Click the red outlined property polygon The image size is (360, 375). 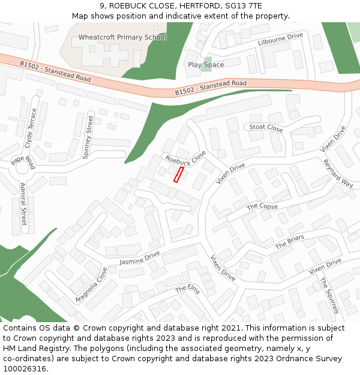click(x=178, y=175)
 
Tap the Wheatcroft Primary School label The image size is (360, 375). click(x=122, y=37)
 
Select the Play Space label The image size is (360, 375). click(x=206, y=65)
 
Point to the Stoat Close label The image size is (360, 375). click(x=266, y=128)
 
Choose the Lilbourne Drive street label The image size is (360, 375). click(x=281, y=40)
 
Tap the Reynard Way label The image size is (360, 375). click(x=338, y=173)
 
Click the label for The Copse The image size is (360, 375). click(x=262, y=206)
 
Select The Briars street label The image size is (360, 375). click(x=290, y=242)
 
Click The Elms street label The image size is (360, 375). click(x=188, y=289)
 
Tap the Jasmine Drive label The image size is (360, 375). click(x=140, y=258)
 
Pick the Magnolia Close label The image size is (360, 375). click(x=91, y=285)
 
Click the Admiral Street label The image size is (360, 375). click(x=23, y=204)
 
